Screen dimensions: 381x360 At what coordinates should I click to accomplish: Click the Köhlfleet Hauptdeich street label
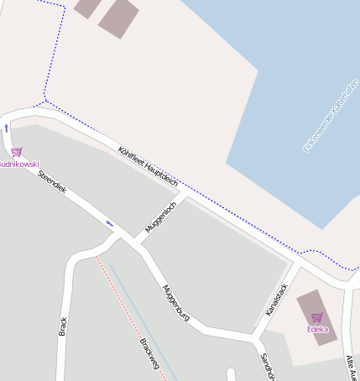(x=149, y=164)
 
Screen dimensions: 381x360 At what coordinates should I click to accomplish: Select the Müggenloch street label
(x=160, y=217)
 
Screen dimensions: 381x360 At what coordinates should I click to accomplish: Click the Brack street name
(x=63, y=326)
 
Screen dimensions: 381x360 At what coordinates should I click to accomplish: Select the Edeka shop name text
(x=317, y=329)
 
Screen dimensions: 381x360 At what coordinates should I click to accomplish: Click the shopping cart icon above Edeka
(x=316, y=317)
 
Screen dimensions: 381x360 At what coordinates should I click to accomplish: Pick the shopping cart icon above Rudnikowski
(x=17, y=152)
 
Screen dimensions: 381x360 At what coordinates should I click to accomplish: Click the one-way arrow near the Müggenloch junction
(x=110, y=223)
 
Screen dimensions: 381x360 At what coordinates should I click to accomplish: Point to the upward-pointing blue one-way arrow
(x=7, y=128)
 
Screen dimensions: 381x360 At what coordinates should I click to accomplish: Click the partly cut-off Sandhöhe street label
(x=268, y=367)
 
